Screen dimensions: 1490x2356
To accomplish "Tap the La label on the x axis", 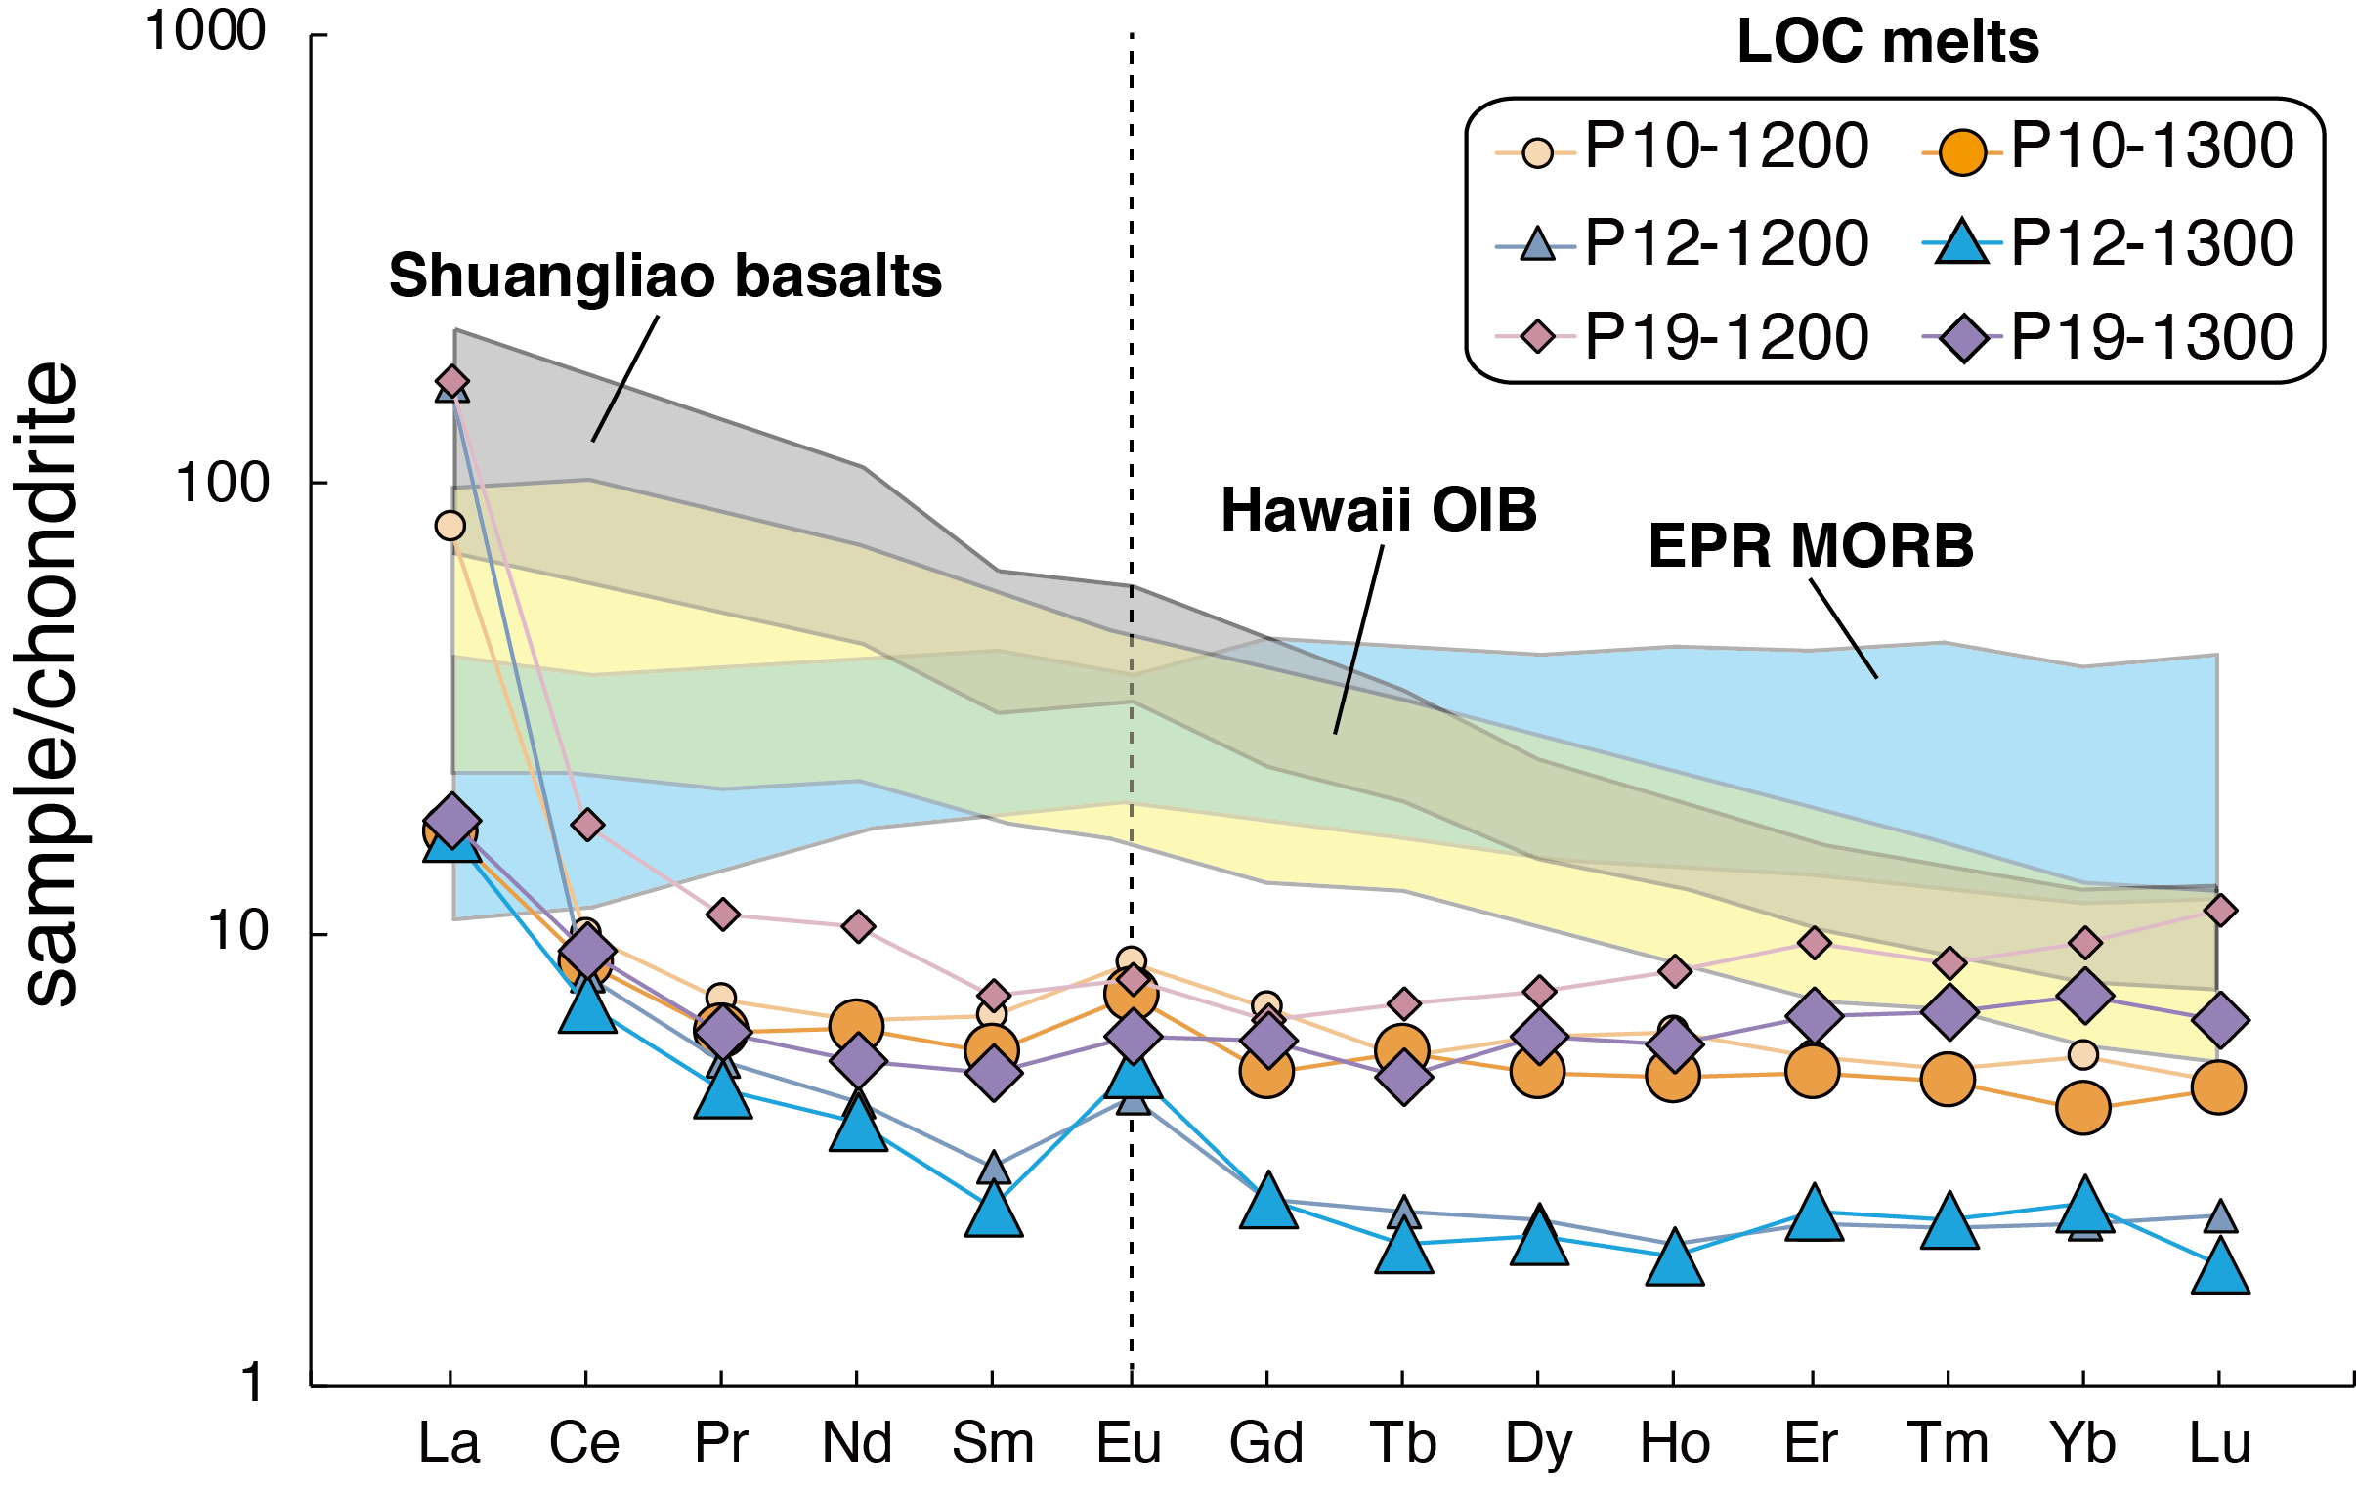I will click(x=450, y=1441).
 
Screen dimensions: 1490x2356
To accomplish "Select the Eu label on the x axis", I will click(x=1130, y=1441).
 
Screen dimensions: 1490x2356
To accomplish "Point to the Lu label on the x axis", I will click(x=2220, y=1441).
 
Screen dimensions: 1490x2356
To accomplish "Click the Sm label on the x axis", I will click(x=993, y=1441).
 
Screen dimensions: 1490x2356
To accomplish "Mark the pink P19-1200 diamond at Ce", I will click(x=587, y=825).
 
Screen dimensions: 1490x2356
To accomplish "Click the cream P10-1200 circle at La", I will click(x=450, y=527).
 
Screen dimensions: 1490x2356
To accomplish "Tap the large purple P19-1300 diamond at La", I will click(x=452, y=821).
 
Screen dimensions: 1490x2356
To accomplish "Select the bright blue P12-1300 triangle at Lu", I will click(x=2220, y=1269).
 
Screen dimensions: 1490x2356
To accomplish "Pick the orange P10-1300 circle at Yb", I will click(x=2083, y=1107).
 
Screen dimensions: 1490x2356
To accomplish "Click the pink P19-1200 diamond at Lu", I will click(x=2220, y=910).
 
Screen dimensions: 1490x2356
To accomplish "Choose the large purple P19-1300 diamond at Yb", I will click(x=2085, y=995).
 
